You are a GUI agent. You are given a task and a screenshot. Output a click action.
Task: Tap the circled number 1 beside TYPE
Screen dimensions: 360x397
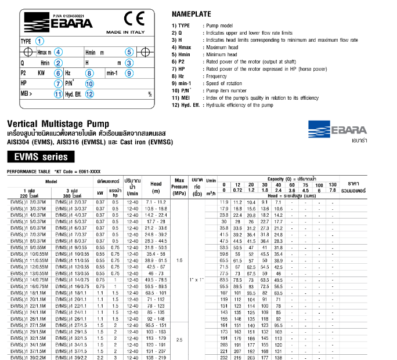39,41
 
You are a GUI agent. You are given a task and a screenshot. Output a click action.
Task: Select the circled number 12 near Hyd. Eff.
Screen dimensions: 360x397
89,94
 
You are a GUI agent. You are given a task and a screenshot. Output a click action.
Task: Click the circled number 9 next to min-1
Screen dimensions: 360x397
129,72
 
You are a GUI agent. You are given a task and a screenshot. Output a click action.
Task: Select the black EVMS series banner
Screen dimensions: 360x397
41,157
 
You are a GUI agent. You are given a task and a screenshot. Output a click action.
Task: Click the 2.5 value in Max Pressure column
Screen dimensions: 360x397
179,340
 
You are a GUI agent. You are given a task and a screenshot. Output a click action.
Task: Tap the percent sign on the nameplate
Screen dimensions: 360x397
150,94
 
